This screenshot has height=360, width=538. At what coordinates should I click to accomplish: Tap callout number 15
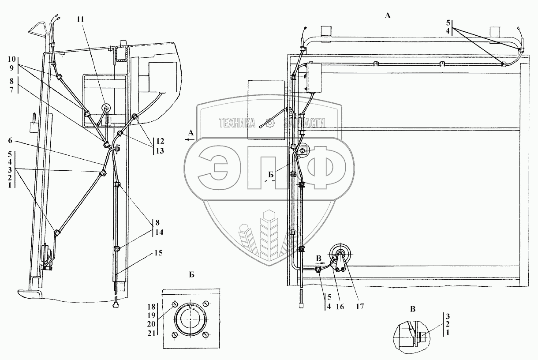(158, 253)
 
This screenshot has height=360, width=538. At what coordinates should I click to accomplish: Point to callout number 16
(339, 304)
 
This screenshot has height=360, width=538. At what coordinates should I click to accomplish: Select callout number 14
(159, 231)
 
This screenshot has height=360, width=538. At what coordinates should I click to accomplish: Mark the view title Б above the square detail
(191, 274)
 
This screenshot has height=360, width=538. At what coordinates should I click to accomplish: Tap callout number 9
(10, 67)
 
